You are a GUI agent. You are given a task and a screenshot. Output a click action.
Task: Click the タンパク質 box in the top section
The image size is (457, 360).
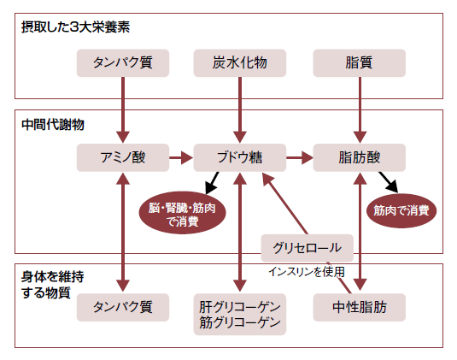click(x=123, y=63)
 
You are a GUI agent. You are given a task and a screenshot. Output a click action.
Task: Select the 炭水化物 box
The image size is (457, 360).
click(x=240, y=63)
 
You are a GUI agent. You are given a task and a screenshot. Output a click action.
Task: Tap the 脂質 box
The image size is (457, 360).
click(x=360, y=63)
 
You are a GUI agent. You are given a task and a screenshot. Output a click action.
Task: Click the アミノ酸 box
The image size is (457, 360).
click(x=123, y=157)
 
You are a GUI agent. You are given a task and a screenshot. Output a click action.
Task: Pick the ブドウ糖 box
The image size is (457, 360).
click(x=240, y=157)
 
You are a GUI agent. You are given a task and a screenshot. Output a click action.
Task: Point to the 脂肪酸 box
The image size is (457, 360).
click(x=360, y=157)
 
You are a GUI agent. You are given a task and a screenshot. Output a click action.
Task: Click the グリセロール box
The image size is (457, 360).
click(x=308, y=248)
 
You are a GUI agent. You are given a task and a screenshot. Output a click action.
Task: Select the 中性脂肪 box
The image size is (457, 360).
click(x=360, y=308)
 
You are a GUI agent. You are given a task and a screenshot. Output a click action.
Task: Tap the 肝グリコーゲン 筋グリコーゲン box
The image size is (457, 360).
click(x=240, y=315)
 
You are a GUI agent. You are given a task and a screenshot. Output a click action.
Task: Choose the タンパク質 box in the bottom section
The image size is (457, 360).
click(x=123, y=308)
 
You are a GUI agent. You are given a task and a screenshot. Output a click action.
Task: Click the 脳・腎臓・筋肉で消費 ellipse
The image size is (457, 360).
click(x=182, y=213)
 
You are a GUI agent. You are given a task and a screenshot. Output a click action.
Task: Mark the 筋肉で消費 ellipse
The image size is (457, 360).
click(x=401, y=210)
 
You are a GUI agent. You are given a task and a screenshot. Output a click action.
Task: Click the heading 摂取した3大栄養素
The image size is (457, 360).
click(x=75, y=27)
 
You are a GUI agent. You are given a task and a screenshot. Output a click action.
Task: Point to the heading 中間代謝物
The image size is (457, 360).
click(x=53, y=125)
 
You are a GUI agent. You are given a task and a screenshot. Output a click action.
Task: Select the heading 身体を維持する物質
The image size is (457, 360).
click(x=52, y=285)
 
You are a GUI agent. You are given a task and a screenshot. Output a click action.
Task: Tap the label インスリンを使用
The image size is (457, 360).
click(x=307, y=272)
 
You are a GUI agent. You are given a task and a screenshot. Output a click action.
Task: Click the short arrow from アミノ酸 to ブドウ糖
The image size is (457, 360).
click(x=181, y=157)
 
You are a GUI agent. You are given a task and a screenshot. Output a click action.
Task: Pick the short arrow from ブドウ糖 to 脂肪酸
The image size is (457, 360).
click(x=300, y=157)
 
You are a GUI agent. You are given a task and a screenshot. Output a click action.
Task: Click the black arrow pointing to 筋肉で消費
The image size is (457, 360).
click(x=389, y=182)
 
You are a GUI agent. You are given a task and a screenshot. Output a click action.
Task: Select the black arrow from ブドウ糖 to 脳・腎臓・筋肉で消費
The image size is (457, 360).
click(x=212, y=183)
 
